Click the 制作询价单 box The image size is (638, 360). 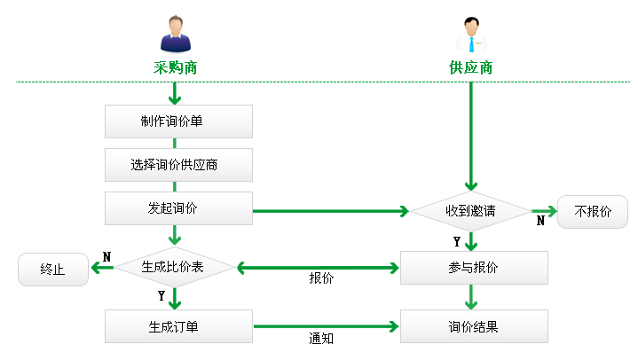(x=178, y=121)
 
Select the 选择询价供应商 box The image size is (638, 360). (x=178, y=165)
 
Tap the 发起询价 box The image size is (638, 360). (x=178, y=209)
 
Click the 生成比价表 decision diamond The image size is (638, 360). (x=176, y=267)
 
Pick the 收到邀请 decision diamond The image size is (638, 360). (x=470, y=212)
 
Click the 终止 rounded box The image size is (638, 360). (x=53, y=270)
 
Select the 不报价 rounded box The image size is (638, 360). (x=593, y=212)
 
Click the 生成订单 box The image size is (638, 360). (x=178, y=326)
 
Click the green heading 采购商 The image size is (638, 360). (x=175, y=67)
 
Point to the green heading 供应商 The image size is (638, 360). (x=470, y=67)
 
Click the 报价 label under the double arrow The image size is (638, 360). (x=321, y=278)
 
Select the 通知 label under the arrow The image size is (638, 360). (x=321, y=338)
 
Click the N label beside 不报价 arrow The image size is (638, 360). (x=540, y=221)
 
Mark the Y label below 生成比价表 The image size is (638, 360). (x=161, y=295)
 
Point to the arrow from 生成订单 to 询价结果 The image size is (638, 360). (x=326, y=326)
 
